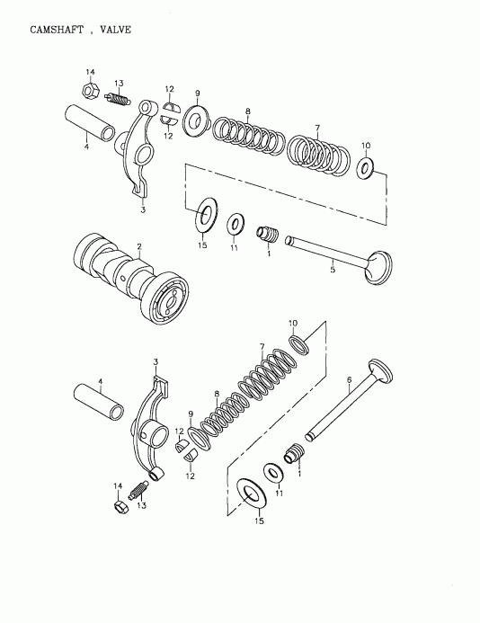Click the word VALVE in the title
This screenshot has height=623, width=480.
(x=115, y=29)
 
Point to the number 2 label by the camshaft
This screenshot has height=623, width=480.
(x=139, y=245)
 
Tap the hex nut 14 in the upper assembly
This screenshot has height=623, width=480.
(x=90, y=90)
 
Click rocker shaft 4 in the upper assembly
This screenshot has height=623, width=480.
(x=89, y=123)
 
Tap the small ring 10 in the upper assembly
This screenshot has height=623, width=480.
(x=366, y=167)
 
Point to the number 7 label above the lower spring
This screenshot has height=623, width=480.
(x=262, y=347)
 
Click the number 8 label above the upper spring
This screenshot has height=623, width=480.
(x=247, y=111)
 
